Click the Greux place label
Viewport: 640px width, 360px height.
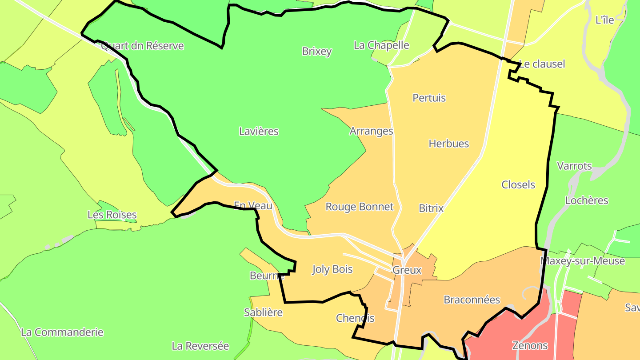(407, 270)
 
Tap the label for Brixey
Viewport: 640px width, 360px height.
(317, 51)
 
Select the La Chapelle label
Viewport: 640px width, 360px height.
(381, 45)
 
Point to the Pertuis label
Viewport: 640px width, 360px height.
(429, 98)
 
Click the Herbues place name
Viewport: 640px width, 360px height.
(449, 144)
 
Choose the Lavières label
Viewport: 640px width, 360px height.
(259, 131)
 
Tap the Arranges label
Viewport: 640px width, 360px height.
(372, 131)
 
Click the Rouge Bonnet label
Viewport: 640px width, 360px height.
(360, 207)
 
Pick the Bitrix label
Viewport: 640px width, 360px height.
(431, 208)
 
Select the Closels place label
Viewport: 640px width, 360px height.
(518, 184)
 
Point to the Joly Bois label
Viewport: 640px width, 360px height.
(332, 269)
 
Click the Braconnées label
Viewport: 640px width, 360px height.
(472, 300)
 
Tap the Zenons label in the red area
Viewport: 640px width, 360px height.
(530, 345)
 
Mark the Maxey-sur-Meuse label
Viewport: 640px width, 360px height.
(583, 261)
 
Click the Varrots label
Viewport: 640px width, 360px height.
(575, 166)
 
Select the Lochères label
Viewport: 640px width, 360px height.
(587, 200)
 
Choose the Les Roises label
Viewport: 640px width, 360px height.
(112, 215)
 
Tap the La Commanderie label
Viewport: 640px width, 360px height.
(62, 332)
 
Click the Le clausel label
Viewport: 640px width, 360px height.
(542, 64)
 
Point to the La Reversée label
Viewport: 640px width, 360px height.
(200, 346)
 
